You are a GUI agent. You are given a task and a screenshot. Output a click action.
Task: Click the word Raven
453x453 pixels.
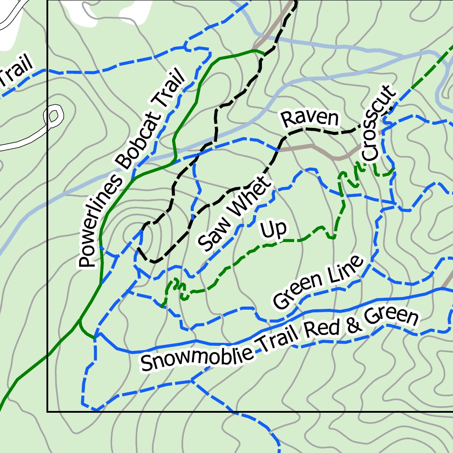point(310,119)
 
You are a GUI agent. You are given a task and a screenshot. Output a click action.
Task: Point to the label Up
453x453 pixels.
point(273,230)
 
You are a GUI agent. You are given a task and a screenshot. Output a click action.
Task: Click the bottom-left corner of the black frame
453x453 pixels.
point(47,411)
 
